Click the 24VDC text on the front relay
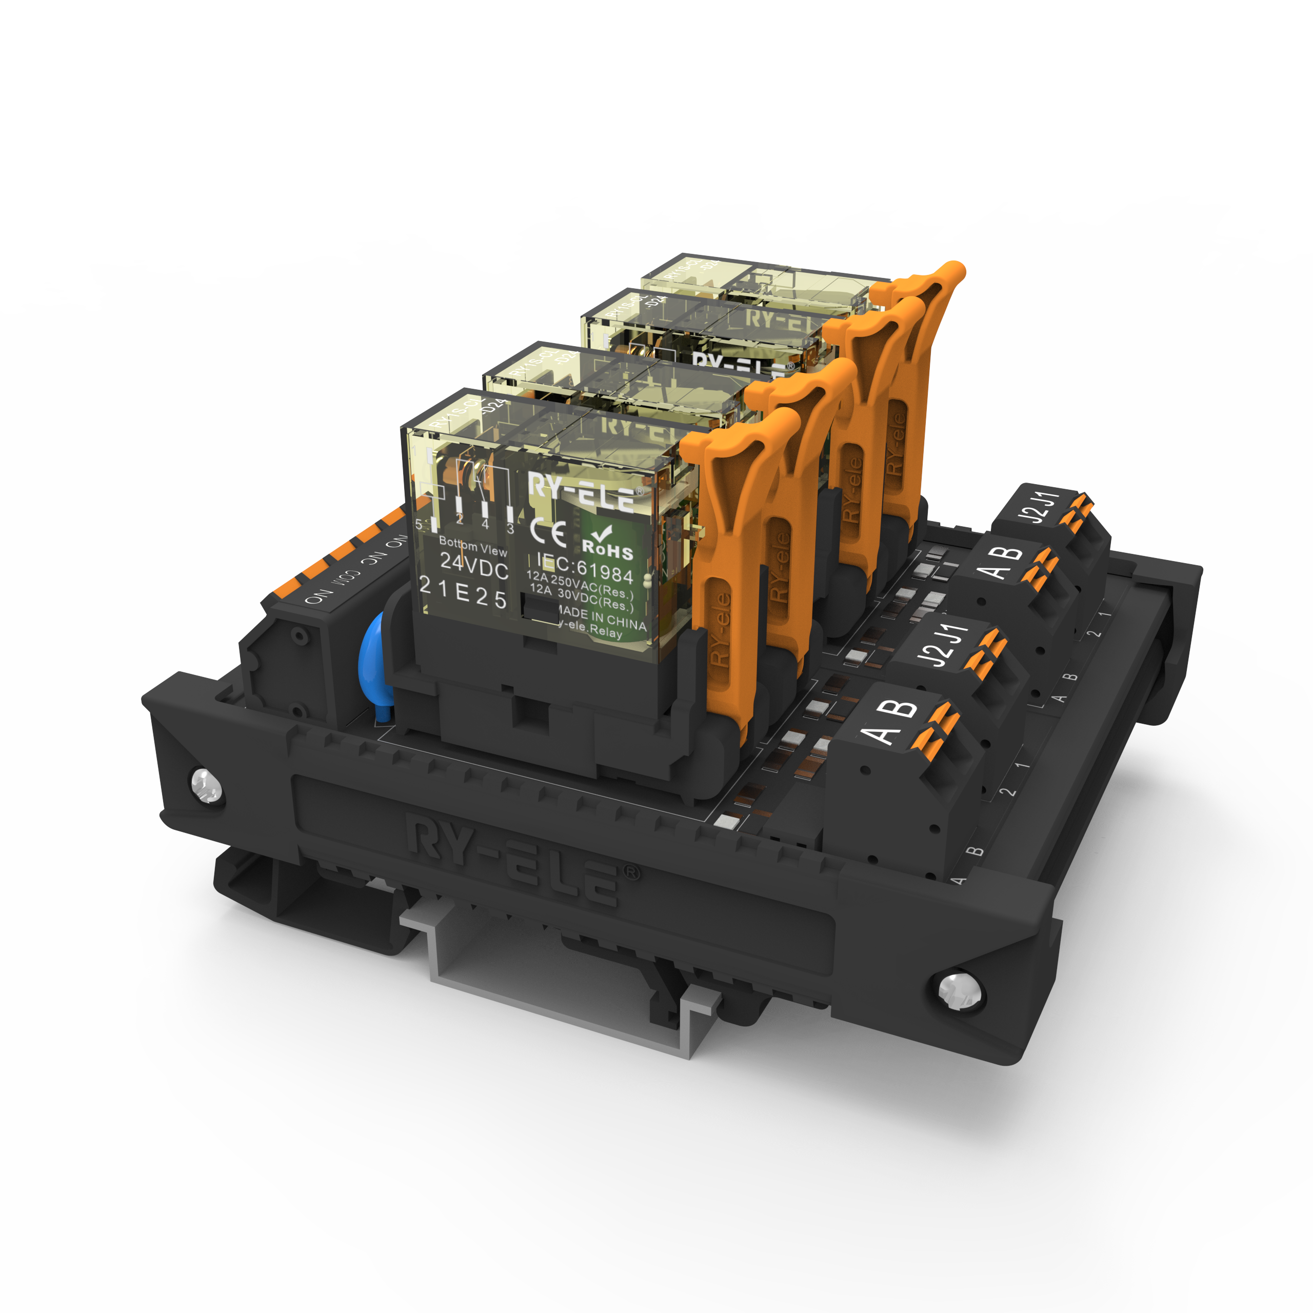474,566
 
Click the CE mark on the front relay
548,533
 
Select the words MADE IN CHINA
602,619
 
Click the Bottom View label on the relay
472,546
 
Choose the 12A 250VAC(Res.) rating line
579,585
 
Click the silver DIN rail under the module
558,979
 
